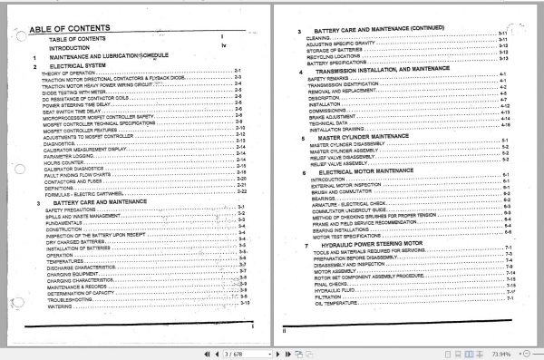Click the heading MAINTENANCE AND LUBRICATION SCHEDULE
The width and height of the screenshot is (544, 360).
tap(110, 56)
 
